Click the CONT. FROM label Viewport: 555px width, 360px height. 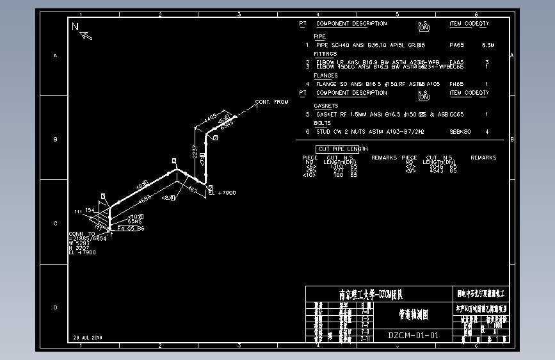(x=271, y=102)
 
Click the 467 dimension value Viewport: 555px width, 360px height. (x=192, y=190)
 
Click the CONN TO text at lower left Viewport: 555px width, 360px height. (x=81, y=234)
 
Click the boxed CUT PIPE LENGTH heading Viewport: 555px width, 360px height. (x=342, y=149)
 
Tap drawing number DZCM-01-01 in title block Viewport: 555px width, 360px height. (x=414, y=335)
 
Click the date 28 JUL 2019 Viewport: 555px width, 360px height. (x=88, y=337)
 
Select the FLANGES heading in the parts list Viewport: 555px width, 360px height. (x=326, y=76)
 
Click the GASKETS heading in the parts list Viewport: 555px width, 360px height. (x=326, y=106)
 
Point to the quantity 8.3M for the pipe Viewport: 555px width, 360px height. (x=488, y=45)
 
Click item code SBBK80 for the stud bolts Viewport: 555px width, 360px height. (x=460, y=131)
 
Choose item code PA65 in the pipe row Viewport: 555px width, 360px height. (x=456, y=45)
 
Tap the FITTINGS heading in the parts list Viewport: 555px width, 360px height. (x=325, y=54)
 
